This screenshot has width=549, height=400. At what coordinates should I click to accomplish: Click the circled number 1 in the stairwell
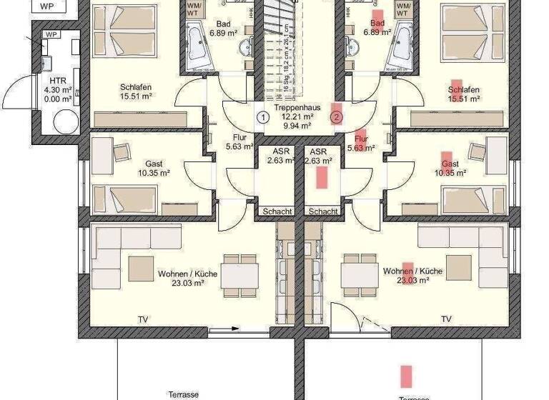click(263, 116)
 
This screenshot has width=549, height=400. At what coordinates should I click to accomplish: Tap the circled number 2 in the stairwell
click(337, 116)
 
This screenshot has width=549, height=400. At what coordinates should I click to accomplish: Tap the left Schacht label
click(277, 211)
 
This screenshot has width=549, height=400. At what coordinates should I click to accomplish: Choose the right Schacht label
click(323, 211)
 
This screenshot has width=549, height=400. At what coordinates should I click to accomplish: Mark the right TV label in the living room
click(446, 319)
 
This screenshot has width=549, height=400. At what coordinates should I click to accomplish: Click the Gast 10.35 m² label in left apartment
click(154, 168)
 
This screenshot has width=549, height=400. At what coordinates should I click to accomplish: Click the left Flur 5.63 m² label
click(239, 143)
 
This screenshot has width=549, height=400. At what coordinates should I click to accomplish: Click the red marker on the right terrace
click(406, 376)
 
